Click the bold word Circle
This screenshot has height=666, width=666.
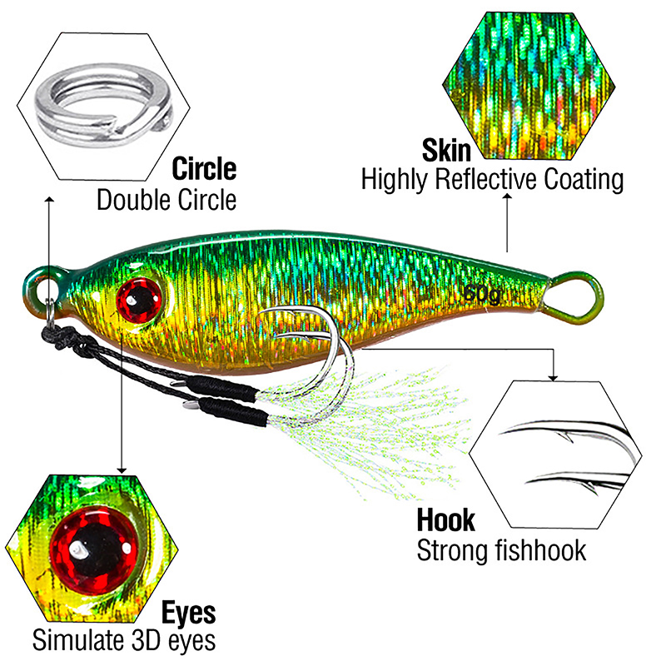pos(204,169)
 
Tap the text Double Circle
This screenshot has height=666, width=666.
pos(166,201)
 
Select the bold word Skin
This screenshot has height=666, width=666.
pos(447,151)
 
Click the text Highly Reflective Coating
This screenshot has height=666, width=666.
pos(492,180)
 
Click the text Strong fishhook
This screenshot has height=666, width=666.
pos(501,550)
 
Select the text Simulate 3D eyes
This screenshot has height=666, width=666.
pos(124,641)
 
